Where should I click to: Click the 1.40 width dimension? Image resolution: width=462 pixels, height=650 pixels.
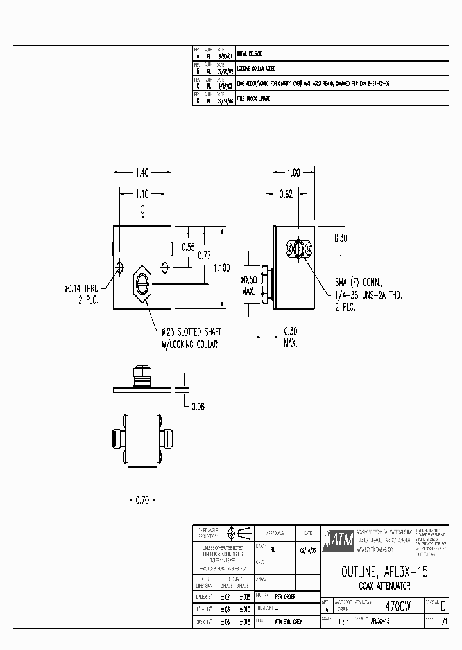(142, 172)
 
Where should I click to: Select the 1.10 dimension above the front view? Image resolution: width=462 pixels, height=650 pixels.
(142, 193)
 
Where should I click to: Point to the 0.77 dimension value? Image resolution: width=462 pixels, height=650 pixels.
(203, 255)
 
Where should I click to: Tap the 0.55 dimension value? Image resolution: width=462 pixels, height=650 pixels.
(188, 247)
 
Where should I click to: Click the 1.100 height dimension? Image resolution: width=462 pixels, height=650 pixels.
(221, 268)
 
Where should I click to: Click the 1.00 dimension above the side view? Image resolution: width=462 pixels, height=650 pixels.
(293, 172)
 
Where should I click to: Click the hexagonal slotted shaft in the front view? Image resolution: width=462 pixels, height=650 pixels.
(142, 283)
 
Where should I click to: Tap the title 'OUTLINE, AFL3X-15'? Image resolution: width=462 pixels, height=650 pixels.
(384, 572)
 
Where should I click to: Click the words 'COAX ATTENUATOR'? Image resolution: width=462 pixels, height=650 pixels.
(384, 586)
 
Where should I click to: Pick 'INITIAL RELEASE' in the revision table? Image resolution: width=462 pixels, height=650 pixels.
(250, 54)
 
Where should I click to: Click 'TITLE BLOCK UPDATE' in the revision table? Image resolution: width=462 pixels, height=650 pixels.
(253, 98)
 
